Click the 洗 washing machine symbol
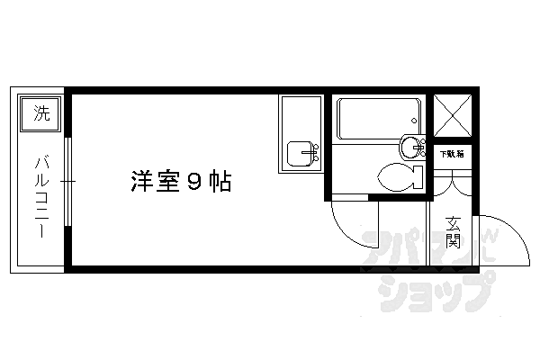click(x=41, y=113)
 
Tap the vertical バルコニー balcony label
click(x=41, y=196)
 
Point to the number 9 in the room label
click(x=193, y=183)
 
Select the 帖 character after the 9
click(x=220, y=183)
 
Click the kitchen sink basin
click(x=299, y=155)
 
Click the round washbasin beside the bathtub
click(x=412, y=147)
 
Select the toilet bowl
click(x=396, y=176)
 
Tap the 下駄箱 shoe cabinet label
click(x=451, y=154)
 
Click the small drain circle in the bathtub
click(x=412, y=121)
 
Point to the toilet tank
click(x=418, y=177)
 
